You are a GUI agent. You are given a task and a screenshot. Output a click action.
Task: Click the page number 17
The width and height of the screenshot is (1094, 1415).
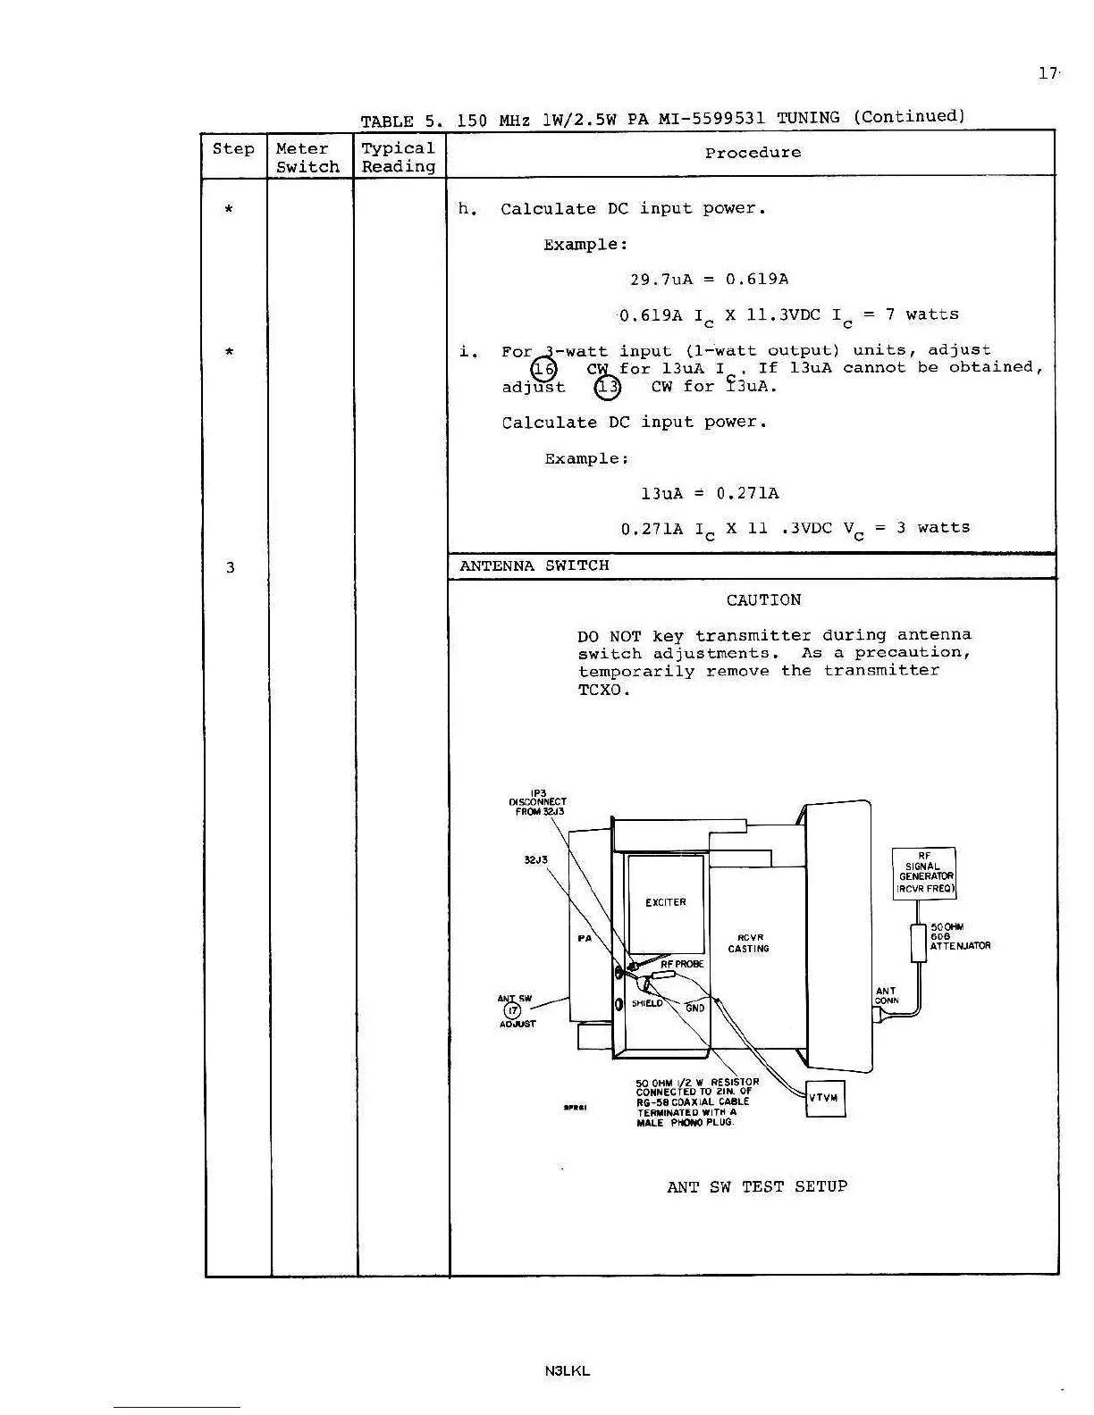click(1047, 73)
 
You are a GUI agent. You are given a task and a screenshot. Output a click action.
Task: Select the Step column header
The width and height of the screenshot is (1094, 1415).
click(233, 149)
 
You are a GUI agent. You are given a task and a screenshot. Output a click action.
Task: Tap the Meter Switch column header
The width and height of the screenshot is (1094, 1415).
click(307, 157)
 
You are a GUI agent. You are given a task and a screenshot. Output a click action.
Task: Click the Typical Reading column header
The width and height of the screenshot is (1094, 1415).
click(398, 157)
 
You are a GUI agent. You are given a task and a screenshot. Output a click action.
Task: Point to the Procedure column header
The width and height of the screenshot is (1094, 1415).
click(753, 153)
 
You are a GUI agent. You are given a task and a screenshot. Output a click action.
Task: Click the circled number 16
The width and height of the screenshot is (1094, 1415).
click(543, 369)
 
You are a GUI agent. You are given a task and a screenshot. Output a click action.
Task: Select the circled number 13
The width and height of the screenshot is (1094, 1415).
click(608, 387)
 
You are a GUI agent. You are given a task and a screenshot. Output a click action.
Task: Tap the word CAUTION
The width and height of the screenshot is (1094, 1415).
click(763, 600)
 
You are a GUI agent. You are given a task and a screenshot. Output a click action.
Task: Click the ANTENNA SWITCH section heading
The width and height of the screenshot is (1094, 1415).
click(534, 565)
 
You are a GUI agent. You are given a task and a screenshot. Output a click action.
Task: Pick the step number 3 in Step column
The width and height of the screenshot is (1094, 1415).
click(230, 567)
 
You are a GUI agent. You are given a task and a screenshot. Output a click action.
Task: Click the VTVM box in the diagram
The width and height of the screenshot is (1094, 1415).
click(824, 1098)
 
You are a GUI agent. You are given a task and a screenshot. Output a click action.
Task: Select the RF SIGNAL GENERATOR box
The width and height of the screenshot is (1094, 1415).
click(924, 873)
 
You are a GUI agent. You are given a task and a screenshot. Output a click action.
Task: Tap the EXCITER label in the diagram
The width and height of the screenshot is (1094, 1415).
click(666, 902)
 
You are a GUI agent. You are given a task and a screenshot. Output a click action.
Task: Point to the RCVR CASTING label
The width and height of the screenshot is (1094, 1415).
click(748, 943)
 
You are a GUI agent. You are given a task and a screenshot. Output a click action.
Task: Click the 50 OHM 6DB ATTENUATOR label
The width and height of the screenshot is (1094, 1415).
click(959, 937)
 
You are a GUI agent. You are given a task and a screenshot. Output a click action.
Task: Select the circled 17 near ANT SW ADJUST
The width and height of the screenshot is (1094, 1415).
click(512, 1010)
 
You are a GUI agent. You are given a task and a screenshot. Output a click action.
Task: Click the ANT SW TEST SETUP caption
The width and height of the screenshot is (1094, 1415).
click(756, 1186)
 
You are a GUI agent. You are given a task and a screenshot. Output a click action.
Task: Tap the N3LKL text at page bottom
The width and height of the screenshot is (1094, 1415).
click(567, 1370)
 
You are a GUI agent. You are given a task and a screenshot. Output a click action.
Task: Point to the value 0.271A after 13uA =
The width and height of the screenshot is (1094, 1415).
click(747, 493)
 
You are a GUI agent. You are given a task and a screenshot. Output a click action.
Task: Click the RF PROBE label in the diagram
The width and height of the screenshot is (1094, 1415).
click(682, 964)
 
